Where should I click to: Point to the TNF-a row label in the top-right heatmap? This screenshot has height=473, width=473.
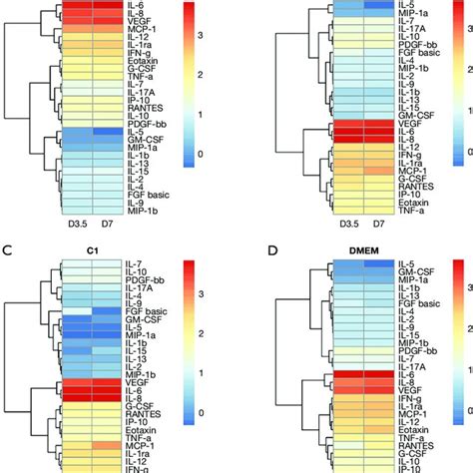(382, 212)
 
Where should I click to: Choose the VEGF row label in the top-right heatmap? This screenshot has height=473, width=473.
(380, 117)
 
